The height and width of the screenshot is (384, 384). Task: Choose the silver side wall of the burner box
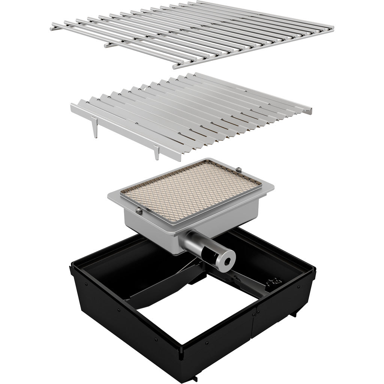[150, 225]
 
